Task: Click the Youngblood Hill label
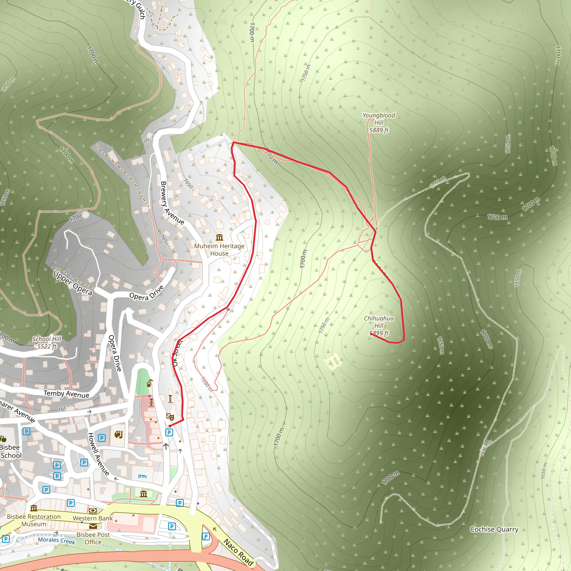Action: (379, 123)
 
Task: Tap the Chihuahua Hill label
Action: (379, 326)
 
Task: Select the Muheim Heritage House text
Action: (219, 250)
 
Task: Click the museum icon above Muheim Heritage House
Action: (219, 238)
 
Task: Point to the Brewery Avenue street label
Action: (172, 203)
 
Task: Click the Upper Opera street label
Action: (73, 283)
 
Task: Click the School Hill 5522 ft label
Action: (47, 343)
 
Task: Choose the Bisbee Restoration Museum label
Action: (34, 520)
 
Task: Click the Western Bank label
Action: (93, 518)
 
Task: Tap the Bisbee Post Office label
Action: (93, 538)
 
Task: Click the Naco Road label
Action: (238, 552)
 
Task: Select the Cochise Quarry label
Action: (494, 529)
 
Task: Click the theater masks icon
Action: (170, 417)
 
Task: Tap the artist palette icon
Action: (118, 435)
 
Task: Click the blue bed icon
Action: (142, 476)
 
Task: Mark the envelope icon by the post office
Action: (93, 526)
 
